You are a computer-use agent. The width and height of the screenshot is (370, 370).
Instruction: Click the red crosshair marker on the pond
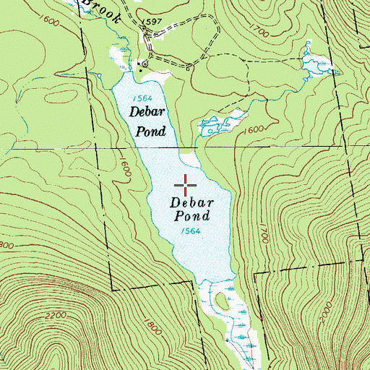[186, 185]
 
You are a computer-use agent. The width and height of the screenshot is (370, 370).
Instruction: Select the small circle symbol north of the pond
[145, 64]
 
